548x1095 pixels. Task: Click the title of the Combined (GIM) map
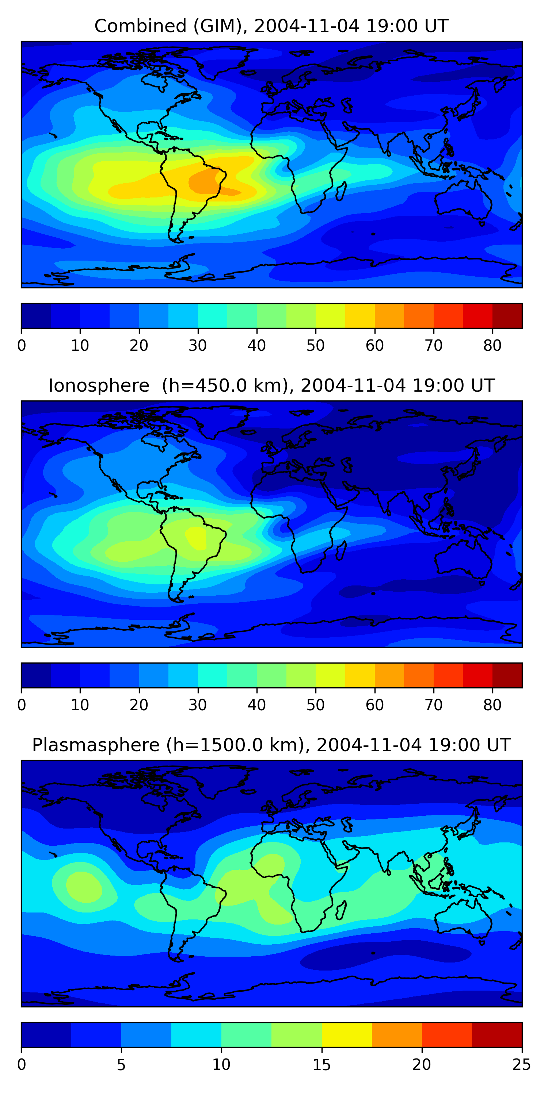(271, 26)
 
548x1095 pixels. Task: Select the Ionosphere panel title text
(271, 385)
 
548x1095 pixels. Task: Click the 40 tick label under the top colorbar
(256, 345)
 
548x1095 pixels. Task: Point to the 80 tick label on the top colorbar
(492, 345)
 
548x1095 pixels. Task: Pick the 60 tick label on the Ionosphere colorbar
(374, 705)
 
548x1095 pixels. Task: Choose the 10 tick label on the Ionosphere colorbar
(80, 705)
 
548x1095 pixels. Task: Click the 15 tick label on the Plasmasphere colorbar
(321, 1064)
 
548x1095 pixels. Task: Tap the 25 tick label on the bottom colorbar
(522, 1064)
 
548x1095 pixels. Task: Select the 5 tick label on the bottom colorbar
(121, 1064)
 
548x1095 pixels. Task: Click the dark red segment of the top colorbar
(507, 316)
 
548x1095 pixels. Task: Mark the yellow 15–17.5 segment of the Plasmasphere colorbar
(347, 1035)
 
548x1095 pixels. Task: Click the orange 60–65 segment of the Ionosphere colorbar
(389, 675)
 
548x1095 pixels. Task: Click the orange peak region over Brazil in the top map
(203, 183)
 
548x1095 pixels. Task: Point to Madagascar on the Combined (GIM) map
(341, 191)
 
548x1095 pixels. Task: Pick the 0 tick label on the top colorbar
(22, 345)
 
